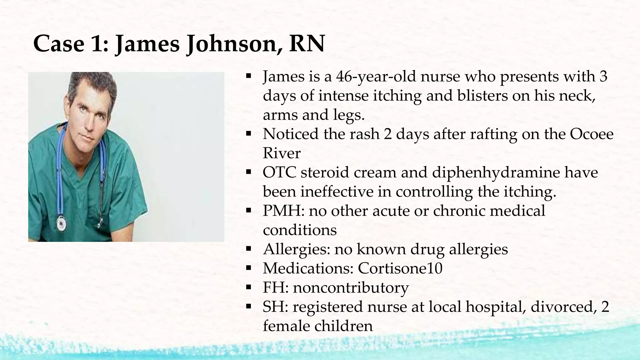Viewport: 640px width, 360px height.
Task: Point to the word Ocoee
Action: pyautogui.click(x=592, y=134)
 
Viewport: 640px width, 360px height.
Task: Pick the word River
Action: pyautogui.click(x=282, y=153)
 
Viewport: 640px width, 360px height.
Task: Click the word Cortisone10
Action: pyautogui.click(x=400, y=268)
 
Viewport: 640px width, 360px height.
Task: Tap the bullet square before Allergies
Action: pyautogui.click(x=249, y=249)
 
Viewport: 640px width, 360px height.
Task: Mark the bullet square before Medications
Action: pyautogui.click(x=249, y=268)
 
